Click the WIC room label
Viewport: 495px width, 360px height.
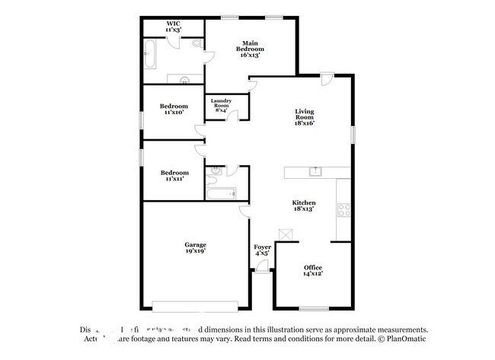(x=174, y=27)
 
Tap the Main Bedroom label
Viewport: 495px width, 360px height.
(x=252, y=49)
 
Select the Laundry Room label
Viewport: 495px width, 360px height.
(x=222, y=106)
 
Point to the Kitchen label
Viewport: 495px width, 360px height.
(x=305, y=205)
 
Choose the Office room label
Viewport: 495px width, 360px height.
(x=314, y=271)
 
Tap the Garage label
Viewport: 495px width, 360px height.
(x=195, y=247)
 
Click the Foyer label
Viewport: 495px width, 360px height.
(x=262, y=251)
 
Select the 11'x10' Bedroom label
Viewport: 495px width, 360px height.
(x=174, y=109)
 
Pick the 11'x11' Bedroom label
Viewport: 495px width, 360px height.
(x=174, y=176)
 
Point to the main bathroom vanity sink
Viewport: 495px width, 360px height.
(x=184, y=78)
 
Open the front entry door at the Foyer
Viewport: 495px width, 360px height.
(x=262, y=266)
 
